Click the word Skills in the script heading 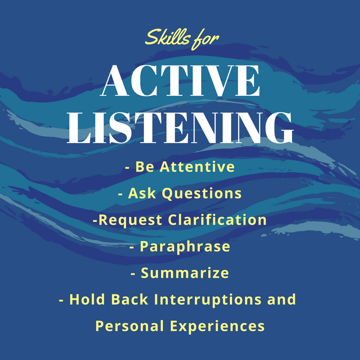pyautogui.click(x=167, y=37)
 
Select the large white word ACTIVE pyautogui.click(x=181, y=81)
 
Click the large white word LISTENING pyautogui.click(x=180, y=128)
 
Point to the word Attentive pyautogui.click(x=197, y=166)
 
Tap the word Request pyautogui.click(x=130, y=220)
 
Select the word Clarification pyautogui.click(x=217, y=220)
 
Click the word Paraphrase pyautogui.click(x=185, y=247)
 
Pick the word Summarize pyautogui.click(x=185, y=273)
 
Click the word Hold pyautogui.click(x=87, y=299)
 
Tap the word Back pyautogui.click(x=130, y=299)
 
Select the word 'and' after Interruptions pyautogui.click(x=282, y=299)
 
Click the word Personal pyautogui.click(x=130, y=326)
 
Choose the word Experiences pyautogui.click(x=217, y=326)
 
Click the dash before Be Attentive pyautogui.click(x=127, y=168)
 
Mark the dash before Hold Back pyautogui.click(x=61, y=301)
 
